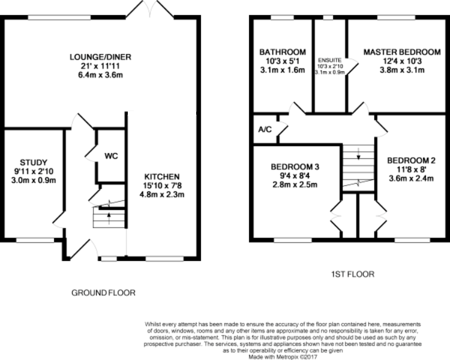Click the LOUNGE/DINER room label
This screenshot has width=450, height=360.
coord(100,57)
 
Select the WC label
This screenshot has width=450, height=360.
coord(111,156)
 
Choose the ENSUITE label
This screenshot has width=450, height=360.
coord(331,60)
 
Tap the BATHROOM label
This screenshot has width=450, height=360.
coord(282,52)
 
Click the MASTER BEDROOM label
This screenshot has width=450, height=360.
coord(393,52)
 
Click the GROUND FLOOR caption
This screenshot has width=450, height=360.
coord(103,293)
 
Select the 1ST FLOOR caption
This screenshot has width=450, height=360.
coord(354,274)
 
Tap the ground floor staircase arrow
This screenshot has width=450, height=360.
coord(109,214)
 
